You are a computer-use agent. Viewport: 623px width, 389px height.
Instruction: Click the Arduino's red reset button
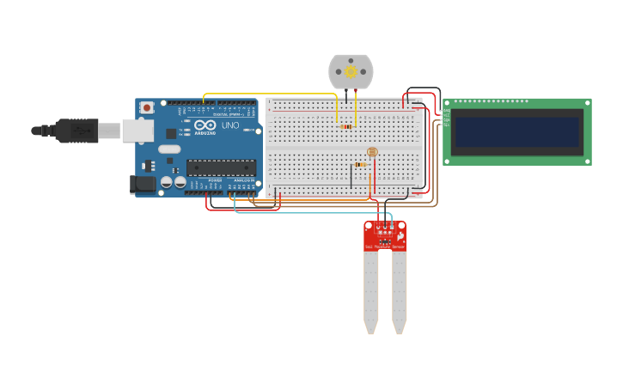(x=147, y=107)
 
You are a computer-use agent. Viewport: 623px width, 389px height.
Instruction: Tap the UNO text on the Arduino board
(x=230, y=125)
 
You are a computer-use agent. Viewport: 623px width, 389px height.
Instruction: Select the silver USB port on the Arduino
(x=137, y=130)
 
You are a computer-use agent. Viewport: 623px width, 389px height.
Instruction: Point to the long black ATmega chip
(x=221, y=167)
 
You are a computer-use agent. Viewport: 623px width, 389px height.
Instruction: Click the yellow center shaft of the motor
(x=351, y=72)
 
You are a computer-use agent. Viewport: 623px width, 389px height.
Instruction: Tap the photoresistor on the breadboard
(x=371, y=151)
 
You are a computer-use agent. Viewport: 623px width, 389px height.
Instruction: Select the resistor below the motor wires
(x=345, y=127)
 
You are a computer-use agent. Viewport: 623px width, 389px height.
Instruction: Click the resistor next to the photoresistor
(x=362, y=165)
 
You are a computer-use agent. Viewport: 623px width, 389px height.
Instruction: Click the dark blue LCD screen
(x=516, y=132)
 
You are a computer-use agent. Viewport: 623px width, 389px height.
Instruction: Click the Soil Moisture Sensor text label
(x=384, y=247)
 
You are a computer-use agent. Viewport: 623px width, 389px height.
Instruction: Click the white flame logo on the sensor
(x=400, y=235)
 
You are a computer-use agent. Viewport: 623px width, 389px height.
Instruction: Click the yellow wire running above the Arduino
(x=266, y=94)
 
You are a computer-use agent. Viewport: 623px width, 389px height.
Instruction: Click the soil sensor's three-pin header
(x=385, y=232)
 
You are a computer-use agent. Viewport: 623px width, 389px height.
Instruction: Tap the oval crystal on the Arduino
(x=169, y=149)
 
